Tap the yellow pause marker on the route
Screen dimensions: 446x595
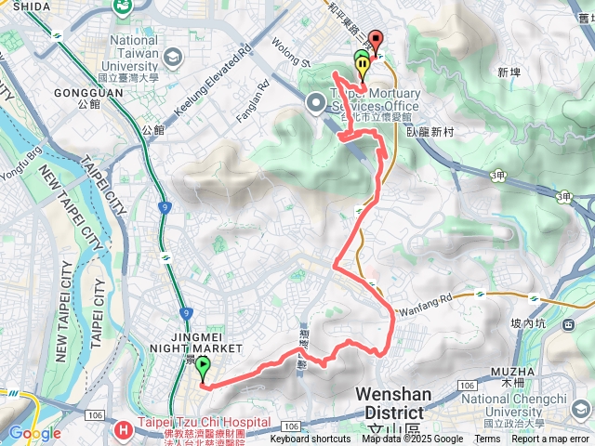click(x=361, y=64)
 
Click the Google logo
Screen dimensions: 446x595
click(x=34, y=432)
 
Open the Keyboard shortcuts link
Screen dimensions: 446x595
click(x=311, y=439)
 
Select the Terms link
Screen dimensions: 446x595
click(x=487, y=439)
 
